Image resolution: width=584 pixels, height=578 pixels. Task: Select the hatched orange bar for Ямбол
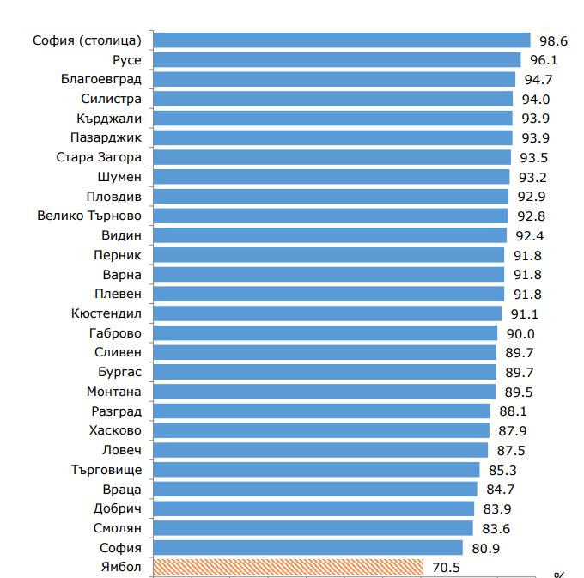(x=288, y=567)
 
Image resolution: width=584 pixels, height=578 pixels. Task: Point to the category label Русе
(x=127, y=60)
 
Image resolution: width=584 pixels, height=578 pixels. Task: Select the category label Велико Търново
(x=89, y=216)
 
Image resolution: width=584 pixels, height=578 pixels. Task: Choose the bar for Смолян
(x=313, y=528)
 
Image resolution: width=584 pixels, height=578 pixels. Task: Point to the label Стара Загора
(x=99, y=157)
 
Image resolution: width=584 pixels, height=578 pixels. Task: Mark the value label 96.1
(x=544, y=60)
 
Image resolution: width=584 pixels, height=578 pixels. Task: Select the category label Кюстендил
(x=106, y=313)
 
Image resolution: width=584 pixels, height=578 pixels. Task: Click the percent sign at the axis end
(x=559, y=575)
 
